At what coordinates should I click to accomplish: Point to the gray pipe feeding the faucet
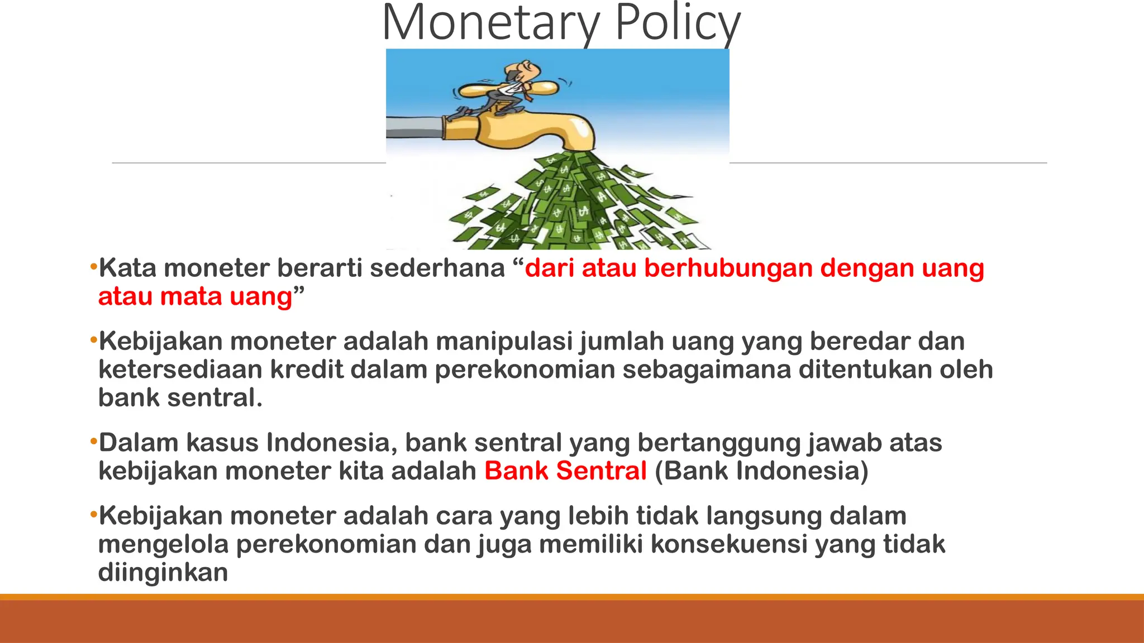click(413, 127)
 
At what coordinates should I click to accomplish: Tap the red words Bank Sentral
click(565, 471)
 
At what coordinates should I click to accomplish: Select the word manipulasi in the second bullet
click(504, 341)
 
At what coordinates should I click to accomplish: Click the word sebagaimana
click(707, 370)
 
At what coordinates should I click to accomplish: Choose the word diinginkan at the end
click(163, 573)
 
